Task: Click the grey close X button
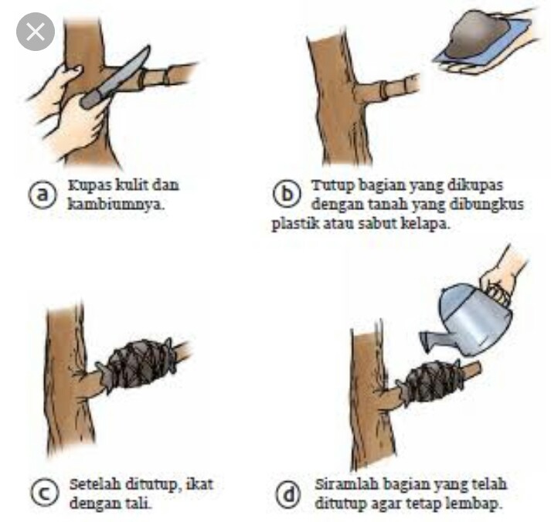[x=36, y=32]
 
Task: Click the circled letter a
[x=43, y=194]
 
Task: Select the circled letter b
[x=287, y=194]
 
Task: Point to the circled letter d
[x=288, y=494]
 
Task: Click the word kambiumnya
[x=116, y=204]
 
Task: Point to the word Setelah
[x=96, y=484]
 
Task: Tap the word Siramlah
[x=346, y=484]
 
